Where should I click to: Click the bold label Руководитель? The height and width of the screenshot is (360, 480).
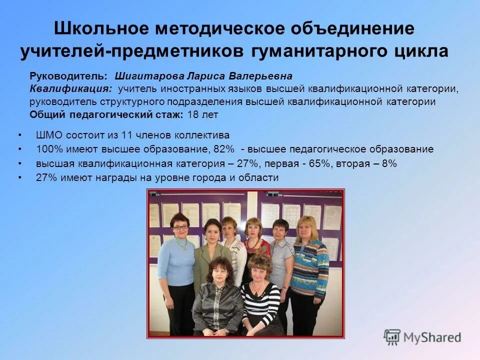68,76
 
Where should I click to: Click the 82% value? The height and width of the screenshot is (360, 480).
223,149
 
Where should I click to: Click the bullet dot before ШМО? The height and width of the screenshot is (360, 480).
19,135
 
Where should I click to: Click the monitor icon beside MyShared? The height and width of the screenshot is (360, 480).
392,336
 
